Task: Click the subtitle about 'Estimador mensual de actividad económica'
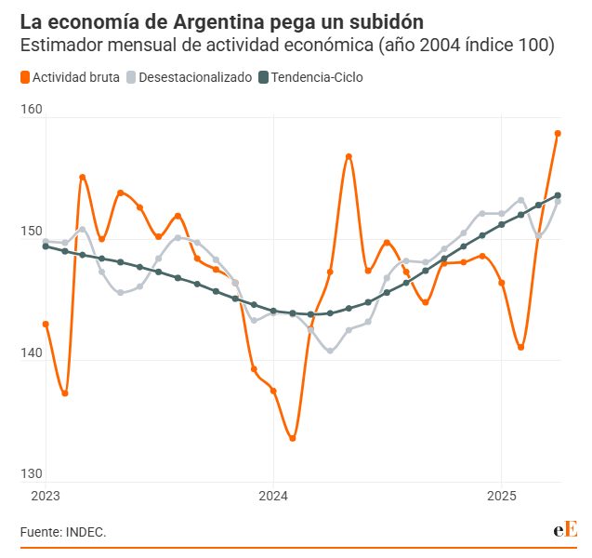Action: coord(287,45)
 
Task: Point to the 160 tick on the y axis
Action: coord(32,110)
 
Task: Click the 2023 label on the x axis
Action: coord(45,495)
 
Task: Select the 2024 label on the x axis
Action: coord(273,495)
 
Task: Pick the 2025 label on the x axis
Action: coord(502,495)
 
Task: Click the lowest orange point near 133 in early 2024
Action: coord(293,438)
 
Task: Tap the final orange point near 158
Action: coord(559,133)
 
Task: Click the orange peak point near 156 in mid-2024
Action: coord(349,156)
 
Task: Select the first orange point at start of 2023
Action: coord(46,324)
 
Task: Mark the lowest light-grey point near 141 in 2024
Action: coord(330,351)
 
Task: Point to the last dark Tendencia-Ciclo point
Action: coord(559,195)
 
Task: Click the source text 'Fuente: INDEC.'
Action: coord(63,532)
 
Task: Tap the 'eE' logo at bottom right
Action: coord(565,529)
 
